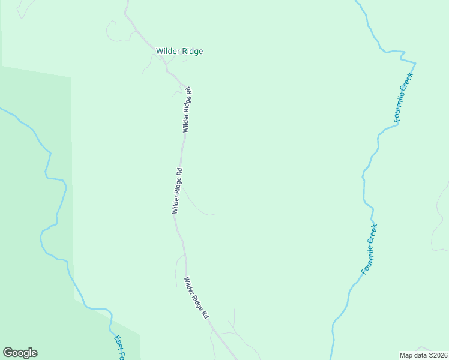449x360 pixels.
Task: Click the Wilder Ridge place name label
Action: point(179,52)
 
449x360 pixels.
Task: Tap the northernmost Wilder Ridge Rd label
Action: point(187,110)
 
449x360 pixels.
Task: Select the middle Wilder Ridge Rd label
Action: point(176,191)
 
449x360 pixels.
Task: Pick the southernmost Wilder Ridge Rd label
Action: point(197,298)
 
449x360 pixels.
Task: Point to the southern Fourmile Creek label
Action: point(369,250)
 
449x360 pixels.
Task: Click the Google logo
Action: point(20,353)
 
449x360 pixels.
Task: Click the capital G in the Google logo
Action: point(8,353)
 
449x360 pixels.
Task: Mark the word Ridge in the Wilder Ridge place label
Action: point(192,52)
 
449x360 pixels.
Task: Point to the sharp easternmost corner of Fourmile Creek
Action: point(415,62)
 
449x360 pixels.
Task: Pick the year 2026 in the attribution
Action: point(441,355)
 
